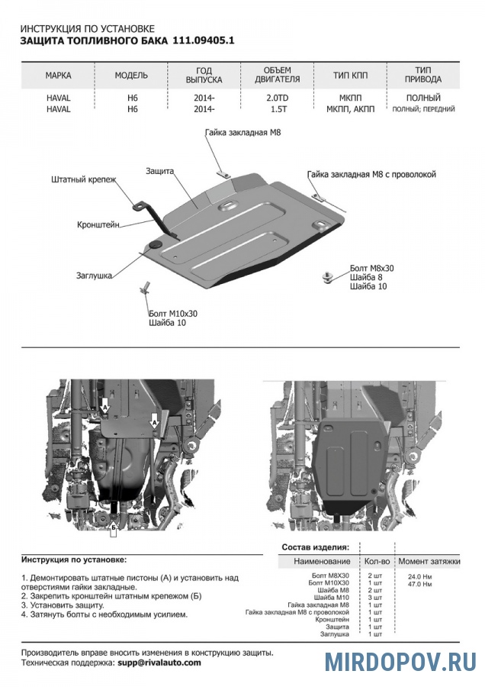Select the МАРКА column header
tap(59, 76)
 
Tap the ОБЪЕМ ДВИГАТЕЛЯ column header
tap(276, 75)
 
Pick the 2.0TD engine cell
tap(276, 98)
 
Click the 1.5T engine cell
tap(276, 109)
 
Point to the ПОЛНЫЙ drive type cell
tap(423, 98)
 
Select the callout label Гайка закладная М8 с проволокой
tap(371, 175)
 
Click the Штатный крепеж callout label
tap(84, 180)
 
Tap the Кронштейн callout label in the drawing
tap(99, 225)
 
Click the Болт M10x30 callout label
tap(173, 313)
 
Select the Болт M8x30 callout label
tap(372, 269)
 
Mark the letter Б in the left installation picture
tap(112, 527)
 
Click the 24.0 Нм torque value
tap(419, 576)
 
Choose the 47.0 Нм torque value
tap(419, 585)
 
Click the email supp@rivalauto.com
tap(159, 663)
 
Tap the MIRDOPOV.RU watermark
tap(400, 661)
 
